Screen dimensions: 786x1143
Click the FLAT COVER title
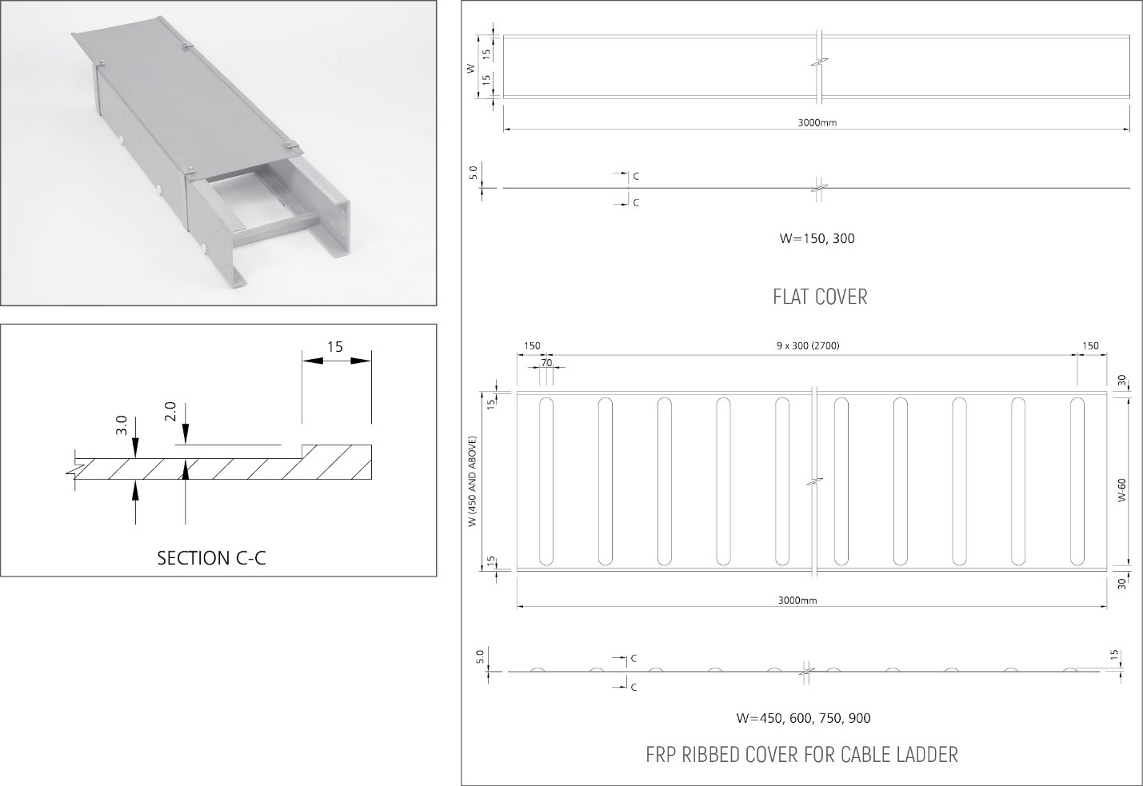click(820, 297)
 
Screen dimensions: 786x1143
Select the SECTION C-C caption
click(211, 557)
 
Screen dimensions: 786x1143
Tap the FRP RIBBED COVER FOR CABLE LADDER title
click(801, 754)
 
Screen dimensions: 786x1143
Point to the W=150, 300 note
click(817, 238)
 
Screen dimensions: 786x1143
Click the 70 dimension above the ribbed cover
click(547, 362)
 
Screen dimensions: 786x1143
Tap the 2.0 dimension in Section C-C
click(170, 412)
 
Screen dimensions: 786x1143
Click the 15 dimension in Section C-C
click(335, 346)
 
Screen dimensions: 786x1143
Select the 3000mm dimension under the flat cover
click(817, 122)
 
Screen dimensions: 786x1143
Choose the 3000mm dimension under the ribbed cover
click(797, 600)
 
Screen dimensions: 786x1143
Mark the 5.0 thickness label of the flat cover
click(473, 173)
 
